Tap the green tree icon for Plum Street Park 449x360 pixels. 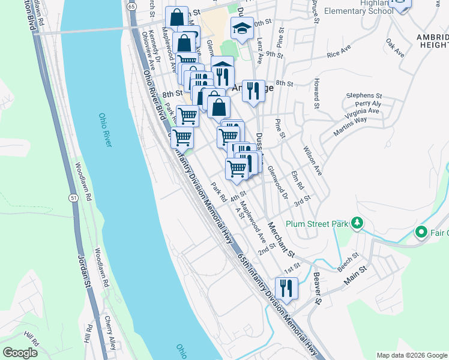click(357, 223)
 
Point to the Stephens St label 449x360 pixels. click(364, 95)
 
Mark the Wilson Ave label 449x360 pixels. click(313, 160)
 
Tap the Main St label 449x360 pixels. click(355, 278)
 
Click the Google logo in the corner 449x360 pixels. click(20, 352)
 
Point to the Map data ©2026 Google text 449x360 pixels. click(411, 355)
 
